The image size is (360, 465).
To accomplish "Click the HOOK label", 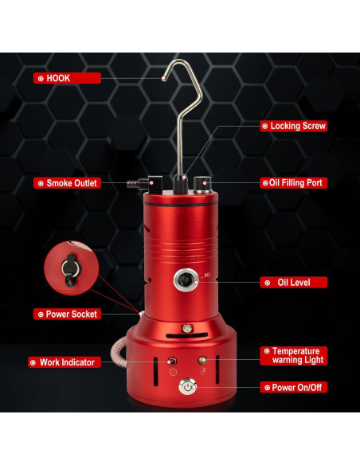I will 67,79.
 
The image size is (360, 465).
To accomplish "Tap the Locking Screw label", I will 293,126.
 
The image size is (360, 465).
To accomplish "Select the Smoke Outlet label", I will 67,183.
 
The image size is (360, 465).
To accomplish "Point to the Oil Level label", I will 293,282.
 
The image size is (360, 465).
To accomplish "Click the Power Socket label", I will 67,314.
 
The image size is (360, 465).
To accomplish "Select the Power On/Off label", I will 293,387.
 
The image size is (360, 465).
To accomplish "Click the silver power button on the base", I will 188,386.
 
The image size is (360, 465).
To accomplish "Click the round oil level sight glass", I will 187,280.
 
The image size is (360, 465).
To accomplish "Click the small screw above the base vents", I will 187,328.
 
